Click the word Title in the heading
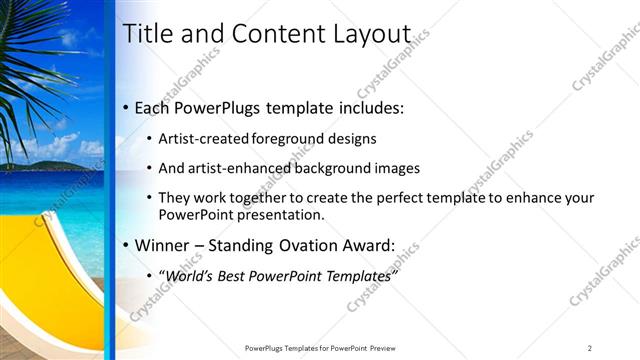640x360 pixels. tap(146, 33)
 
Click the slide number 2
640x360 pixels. tap(590, 347)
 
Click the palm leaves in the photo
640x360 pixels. tap(30, 60)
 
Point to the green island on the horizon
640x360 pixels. tap(40, 165)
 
